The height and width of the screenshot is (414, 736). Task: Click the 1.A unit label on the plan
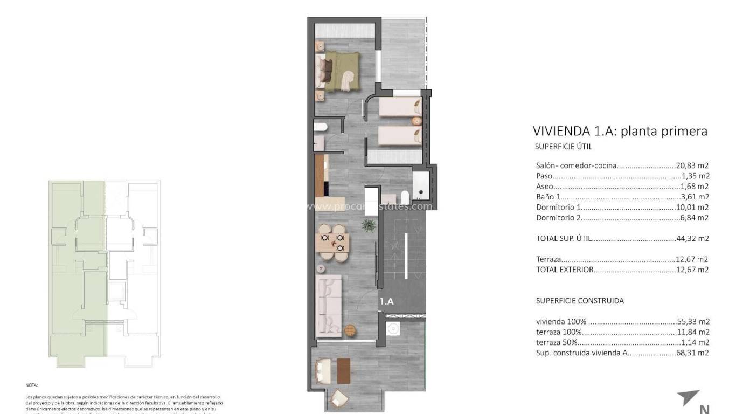[x=387, y=302]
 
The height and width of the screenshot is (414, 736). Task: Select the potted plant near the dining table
[x=369, y=224]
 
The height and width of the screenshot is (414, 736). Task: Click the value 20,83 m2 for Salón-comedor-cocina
[x=692, y=166]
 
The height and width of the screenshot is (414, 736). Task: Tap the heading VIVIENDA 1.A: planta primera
[x=620, y=131]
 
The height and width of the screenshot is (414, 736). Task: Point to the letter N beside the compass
[x=704, y=409]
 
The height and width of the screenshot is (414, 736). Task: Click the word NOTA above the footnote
[x=31, y=385]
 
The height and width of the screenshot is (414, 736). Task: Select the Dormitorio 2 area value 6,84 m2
[x=694, y=218]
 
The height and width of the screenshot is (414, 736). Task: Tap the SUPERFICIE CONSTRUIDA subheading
[x=580, y=301]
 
